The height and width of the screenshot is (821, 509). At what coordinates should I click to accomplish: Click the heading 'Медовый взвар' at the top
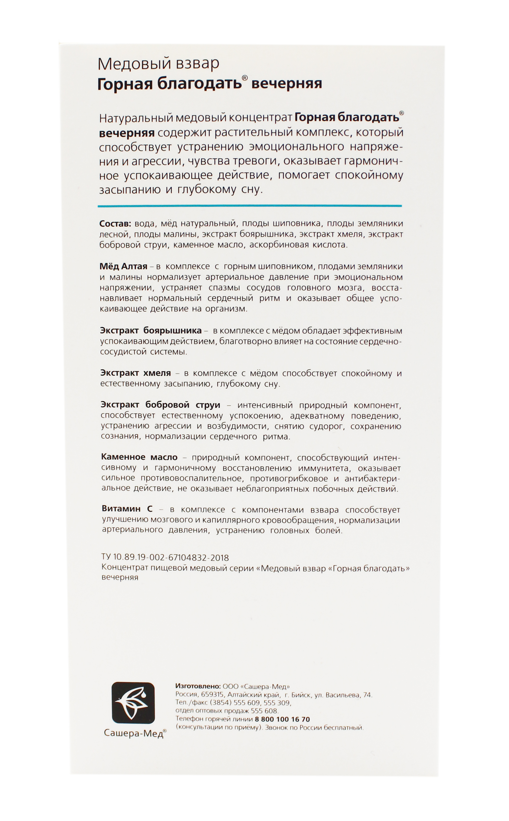tap(158, 64)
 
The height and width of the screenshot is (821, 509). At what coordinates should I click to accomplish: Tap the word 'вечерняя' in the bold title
tap(287, 83)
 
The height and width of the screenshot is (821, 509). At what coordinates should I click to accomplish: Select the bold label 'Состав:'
tap(115, 224)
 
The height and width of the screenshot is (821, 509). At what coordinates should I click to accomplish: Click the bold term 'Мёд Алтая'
tap(123, 267)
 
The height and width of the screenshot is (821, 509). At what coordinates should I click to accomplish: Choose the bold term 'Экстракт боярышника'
tap(151, 331)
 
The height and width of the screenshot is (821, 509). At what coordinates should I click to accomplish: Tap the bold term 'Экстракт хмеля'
tap(136, 373)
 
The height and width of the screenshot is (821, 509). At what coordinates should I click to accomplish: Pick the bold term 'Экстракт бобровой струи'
tap(161, 405)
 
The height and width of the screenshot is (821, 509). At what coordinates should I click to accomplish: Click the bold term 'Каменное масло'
tap(139, 457)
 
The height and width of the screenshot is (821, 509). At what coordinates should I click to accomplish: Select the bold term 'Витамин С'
tap(127, 509)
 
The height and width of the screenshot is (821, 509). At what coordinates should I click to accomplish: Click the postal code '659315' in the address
tap(212, 695)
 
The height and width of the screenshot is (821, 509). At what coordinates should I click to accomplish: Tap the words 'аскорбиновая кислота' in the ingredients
tap(298, 245)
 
